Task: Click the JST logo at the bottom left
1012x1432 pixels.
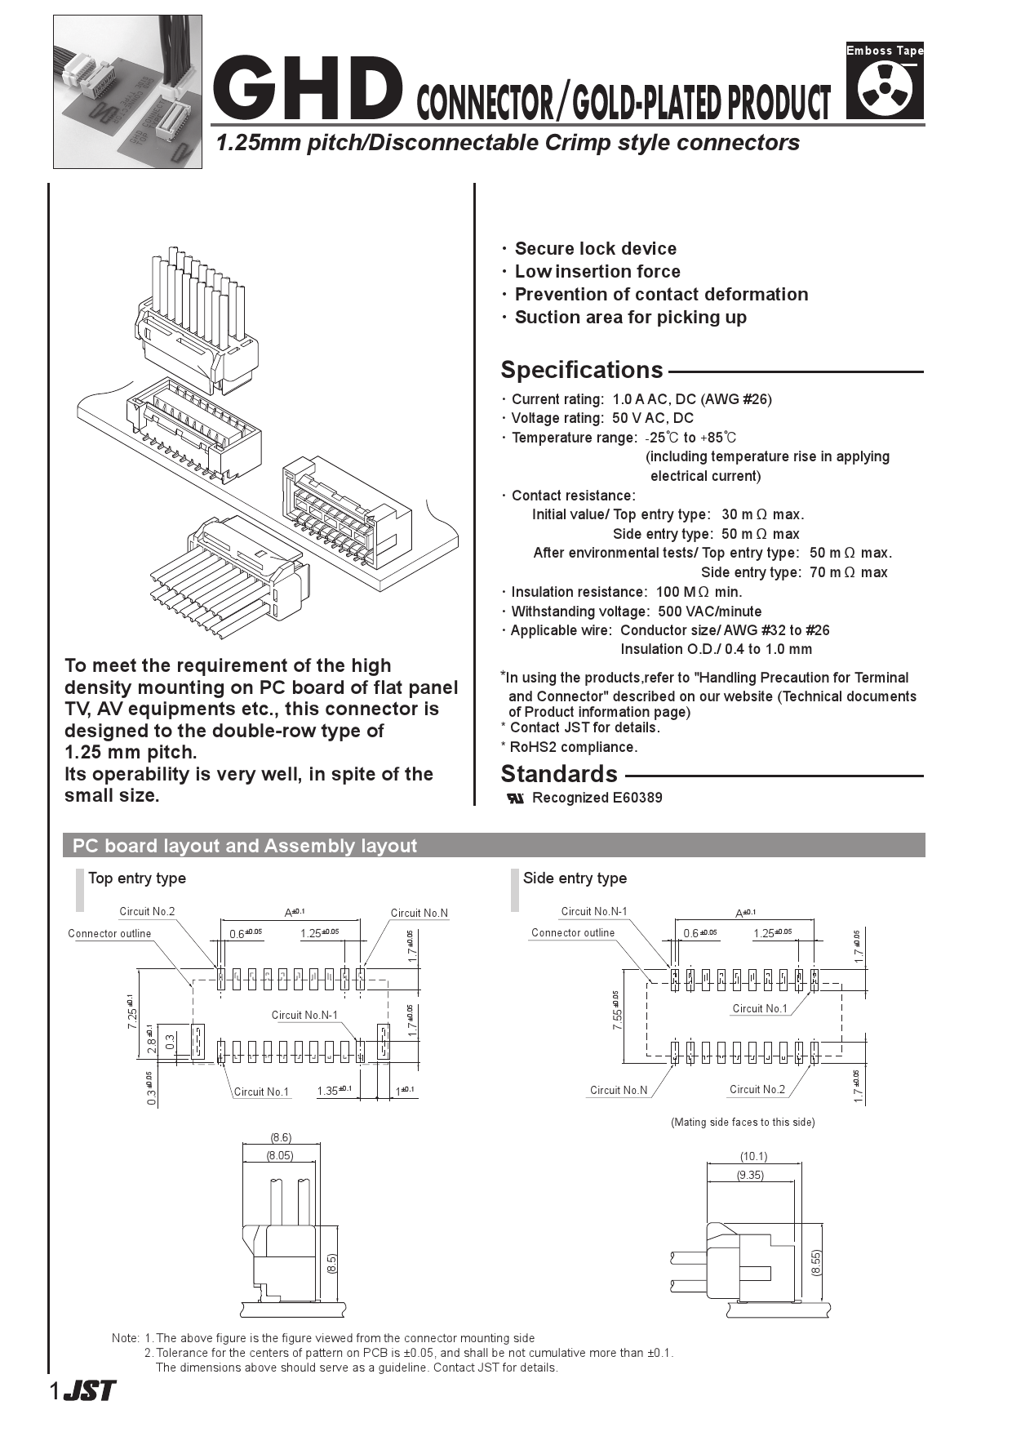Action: (x=89, y=1390)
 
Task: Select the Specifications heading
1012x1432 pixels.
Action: (x=581, y=370)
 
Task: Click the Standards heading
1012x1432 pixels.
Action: (x=559, y=774)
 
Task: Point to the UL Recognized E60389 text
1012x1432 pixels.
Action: (x=596, y=798)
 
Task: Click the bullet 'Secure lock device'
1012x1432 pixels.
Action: (x=595, y=249)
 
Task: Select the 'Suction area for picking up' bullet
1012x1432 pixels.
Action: (x=630, y=318)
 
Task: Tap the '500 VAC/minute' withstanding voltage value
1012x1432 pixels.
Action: (x=709, y=611)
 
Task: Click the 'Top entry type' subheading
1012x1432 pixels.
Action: (x=137, y=878)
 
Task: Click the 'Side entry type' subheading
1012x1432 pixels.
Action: (x=575, y=878)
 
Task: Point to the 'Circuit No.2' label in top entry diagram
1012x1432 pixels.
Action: (x=147, y=912)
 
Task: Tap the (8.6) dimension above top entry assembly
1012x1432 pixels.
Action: (x=281, y=1137)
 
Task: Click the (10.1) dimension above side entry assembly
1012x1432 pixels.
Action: (x=753, y=1156)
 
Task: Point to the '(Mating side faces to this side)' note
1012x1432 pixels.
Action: (x=743, y=1123)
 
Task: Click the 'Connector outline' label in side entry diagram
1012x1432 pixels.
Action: (x=573, y=933)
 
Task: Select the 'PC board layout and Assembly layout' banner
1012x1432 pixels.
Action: (x=245, y=846)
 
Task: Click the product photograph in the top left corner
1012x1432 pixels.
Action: (x=127, y=91)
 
